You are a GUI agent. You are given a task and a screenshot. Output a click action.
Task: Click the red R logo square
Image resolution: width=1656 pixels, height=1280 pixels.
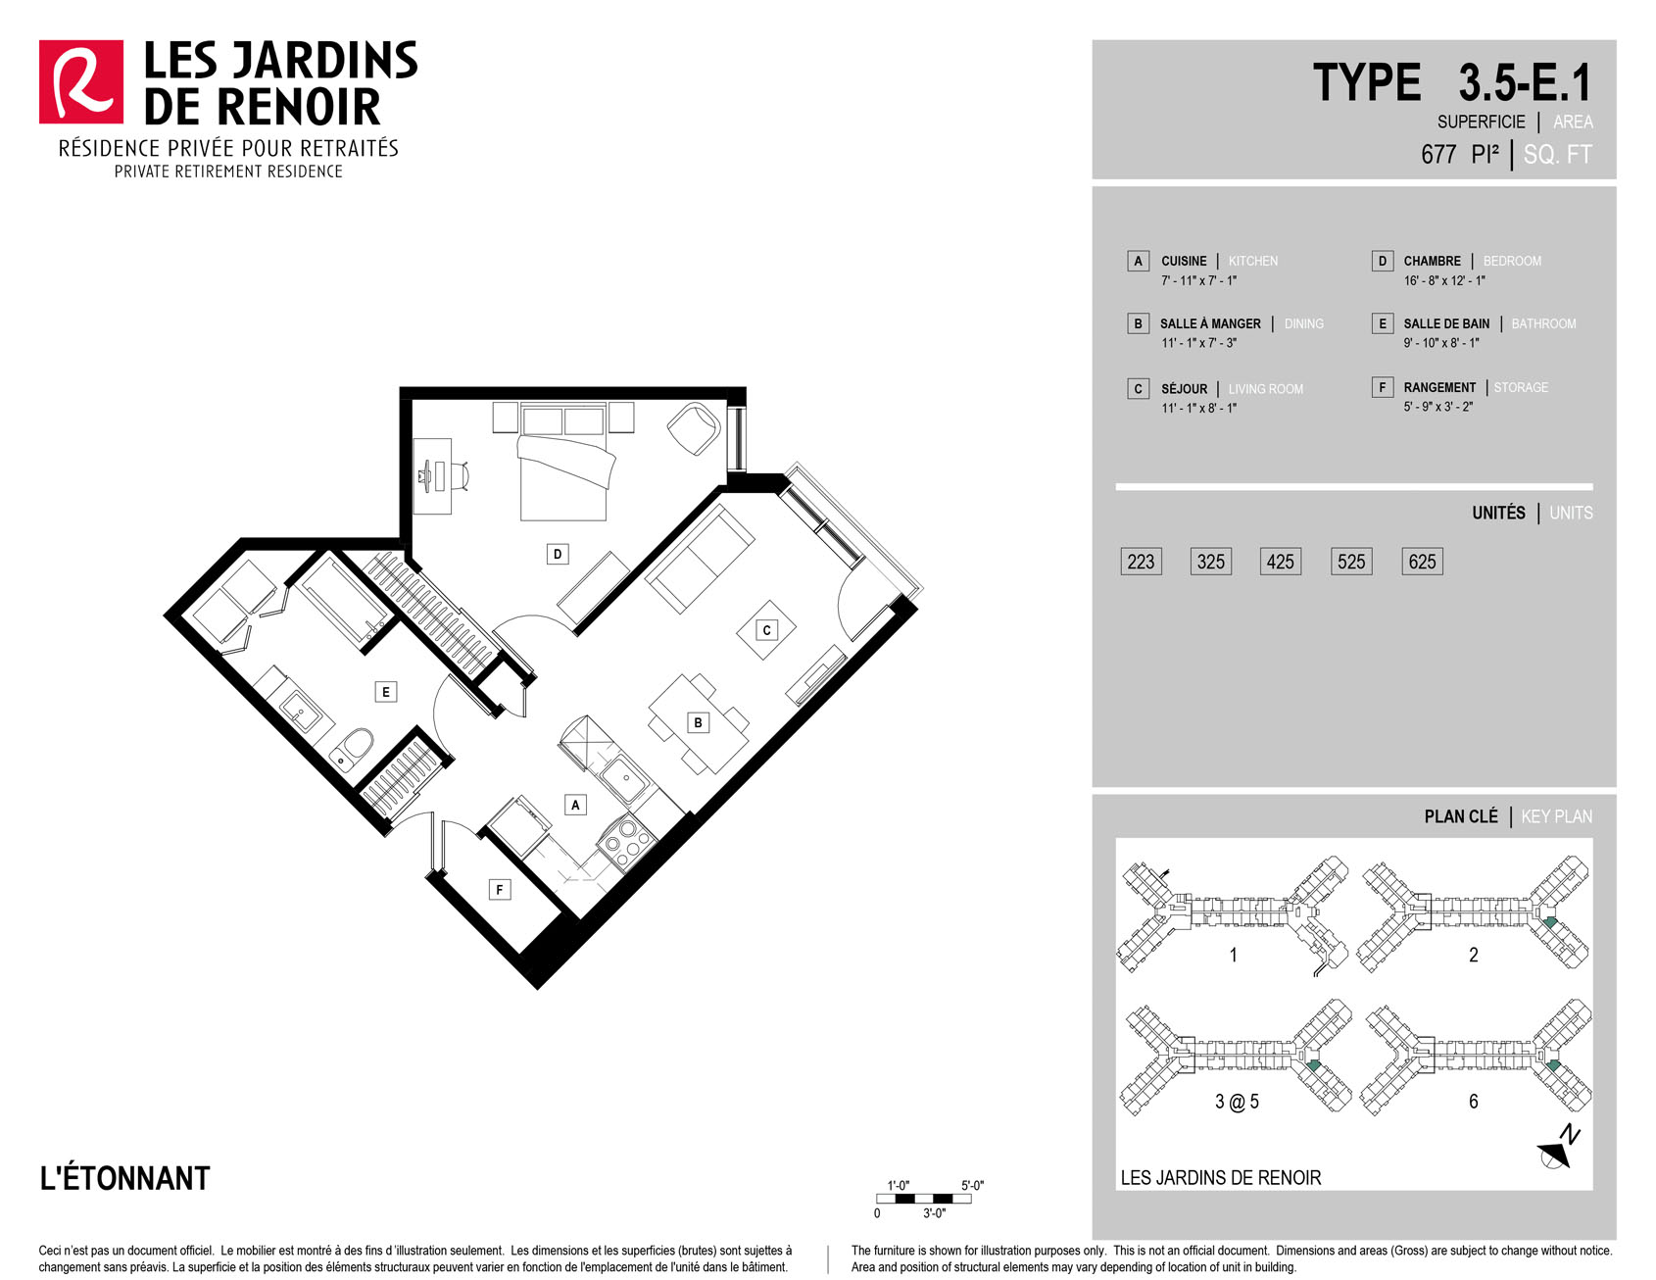81,82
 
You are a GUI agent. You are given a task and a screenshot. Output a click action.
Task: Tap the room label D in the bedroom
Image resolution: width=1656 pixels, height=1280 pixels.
558,555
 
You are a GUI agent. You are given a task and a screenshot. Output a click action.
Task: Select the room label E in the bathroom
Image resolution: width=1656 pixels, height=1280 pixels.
386,692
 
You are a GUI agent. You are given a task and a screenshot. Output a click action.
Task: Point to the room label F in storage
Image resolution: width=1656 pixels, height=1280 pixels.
500,890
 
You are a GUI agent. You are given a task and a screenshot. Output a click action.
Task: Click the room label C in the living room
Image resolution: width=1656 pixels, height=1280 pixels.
767,630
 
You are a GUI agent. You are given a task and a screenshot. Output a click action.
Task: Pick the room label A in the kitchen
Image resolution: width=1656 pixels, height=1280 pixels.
575,805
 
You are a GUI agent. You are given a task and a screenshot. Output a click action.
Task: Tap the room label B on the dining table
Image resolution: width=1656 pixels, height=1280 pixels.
698,723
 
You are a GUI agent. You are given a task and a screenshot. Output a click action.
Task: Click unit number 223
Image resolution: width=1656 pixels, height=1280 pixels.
1141,562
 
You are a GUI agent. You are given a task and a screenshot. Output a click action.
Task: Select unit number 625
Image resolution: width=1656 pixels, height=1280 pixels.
1422,562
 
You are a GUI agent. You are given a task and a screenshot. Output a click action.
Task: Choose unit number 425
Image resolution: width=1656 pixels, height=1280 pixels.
1281,562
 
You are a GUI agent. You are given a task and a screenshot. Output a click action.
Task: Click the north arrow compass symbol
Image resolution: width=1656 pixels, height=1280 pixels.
1558,1149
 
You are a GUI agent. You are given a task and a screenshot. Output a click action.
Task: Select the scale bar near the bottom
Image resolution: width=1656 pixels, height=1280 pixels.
924,1199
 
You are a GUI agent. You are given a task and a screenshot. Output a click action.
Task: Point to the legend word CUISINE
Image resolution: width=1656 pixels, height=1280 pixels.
1184,261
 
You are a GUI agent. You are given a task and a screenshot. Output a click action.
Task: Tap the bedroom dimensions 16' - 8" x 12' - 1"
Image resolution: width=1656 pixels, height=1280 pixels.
1444,280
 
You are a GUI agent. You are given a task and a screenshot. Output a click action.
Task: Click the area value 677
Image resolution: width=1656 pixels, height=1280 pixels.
1438,155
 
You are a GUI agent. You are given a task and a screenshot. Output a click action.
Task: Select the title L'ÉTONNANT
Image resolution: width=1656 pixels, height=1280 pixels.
124,1178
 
